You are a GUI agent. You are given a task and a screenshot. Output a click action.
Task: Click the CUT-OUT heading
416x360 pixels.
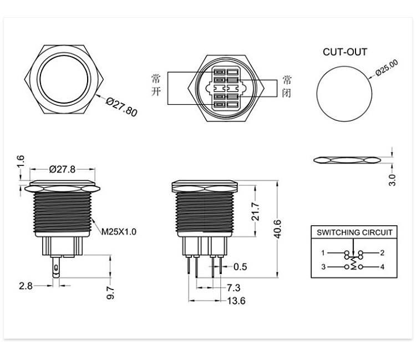pyautogui.click(x=345, y=52)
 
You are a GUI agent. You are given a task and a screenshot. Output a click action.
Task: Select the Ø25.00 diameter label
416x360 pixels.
pyautogui.click(x=387, y=68)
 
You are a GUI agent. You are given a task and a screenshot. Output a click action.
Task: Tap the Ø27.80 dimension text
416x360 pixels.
pyautogui.click(x=122, y=107)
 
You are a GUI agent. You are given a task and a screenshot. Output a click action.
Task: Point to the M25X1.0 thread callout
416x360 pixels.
pyautogui.click(x=119, y=232)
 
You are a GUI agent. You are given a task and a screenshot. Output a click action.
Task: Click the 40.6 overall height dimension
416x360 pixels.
pyautogui.click(x=277, y=229)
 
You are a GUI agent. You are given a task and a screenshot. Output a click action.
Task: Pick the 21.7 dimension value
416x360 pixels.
pyautogui.click(x=255, y=211)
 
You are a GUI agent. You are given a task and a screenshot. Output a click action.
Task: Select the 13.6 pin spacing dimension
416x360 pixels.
pyautogui.click(x=236, y=301)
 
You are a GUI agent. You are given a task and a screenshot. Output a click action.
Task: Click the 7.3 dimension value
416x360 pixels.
pyautogui.click(x=234, y=287)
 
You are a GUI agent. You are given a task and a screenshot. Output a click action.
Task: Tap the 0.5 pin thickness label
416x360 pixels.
pyautogui.click(x=240, y=267)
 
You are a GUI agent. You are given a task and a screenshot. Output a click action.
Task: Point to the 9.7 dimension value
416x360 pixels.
pyautogui.click(x=110, y=293)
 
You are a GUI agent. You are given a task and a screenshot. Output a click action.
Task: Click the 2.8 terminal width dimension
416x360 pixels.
pyautogui.click(x=26, y=286)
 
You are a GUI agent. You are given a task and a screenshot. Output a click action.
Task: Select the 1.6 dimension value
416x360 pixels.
pyautogui.click(x=21, y=161)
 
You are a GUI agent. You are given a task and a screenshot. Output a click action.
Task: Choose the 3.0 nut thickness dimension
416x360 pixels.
pyautogui.click(x=392, y=180)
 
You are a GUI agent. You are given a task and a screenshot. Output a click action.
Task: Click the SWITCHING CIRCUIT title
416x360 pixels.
pyautogui.click(x=354, y=232)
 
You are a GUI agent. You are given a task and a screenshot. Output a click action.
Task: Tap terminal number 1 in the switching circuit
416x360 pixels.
pyautogui.click(x=323, y=253)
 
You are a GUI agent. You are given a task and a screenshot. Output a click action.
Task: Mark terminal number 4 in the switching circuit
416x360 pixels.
pyautogui.click(x=382, y=267)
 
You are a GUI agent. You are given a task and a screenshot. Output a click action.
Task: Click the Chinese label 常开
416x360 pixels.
pyautogui.click(x=156, y=85)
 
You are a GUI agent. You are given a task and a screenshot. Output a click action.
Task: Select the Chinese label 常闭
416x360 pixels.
pyautogui.click(x=287, y=87)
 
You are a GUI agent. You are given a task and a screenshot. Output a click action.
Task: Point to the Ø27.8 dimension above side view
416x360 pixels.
pyautogui.click(x=62, y=169)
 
